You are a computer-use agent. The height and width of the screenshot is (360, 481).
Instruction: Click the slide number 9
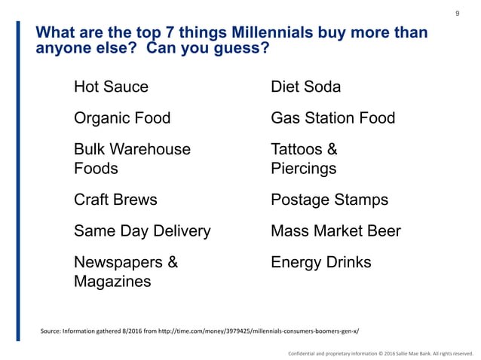pos(458,14)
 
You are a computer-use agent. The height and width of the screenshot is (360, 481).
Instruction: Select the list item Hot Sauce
pos(111,87)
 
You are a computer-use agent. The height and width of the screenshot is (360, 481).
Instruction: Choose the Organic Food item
pos(121,118)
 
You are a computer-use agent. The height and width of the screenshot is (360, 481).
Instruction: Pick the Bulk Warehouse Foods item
pos(132,159)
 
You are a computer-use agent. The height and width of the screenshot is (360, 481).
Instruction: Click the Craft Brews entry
pos(115,200)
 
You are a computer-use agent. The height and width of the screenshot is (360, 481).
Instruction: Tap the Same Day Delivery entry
pos(142,230)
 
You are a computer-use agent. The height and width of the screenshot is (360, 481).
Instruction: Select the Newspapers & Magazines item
pos(126,272)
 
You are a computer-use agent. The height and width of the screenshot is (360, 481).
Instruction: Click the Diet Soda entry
pos(305,87)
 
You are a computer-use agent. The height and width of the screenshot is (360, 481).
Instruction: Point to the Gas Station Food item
pos(332,118)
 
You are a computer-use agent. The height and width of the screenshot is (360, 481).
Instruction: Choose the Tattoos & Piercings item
pos(304,159)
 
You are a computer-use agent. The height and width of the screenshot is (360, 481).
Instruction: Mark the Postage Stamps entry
pos(329,200)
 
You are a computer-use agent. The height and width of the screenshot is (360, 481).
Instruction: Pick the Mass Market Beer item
pos(335,230)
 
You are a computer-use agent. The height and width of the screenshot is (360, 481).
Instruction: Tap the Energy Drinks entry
pos(321,262)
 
